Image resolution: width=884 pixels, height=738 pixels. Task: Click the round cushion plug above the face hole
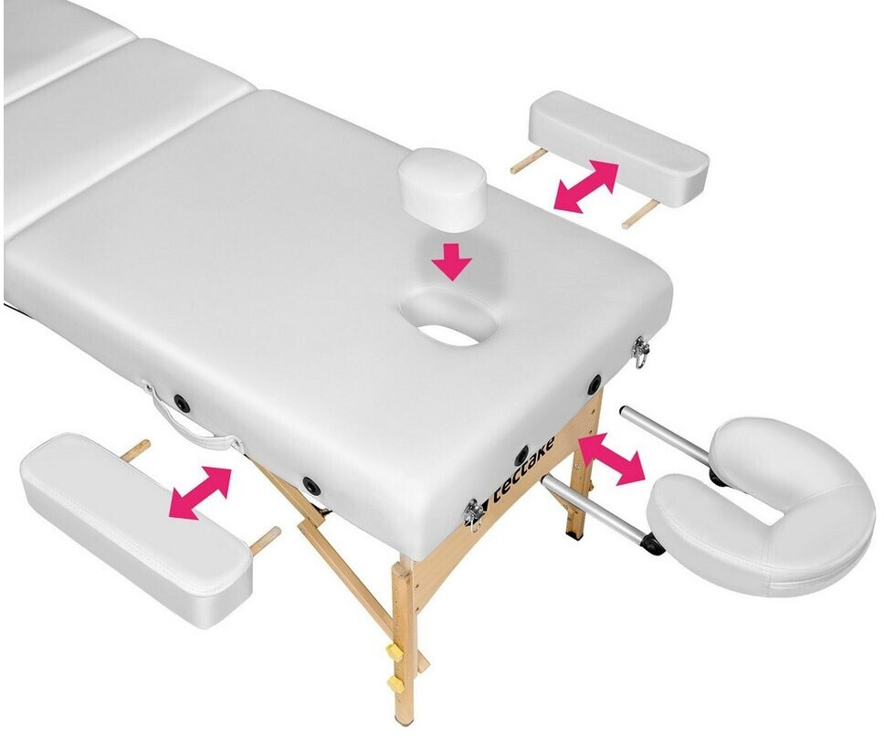pos(441,189)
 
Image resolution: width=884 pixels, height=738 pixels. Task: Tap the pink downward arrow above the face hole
pos(451,261)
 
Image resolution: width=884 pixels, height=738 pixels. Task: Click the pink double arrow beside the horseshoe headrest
pos(612,458)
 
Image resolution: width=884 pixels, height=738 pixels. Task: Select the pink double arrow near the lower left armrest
pos(201,492)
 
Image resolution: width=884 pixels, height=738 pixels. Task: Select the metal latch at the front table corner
pos(472,513)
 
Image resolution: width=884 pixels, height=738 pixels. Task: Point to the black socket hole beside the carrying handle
pos(182,403)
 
